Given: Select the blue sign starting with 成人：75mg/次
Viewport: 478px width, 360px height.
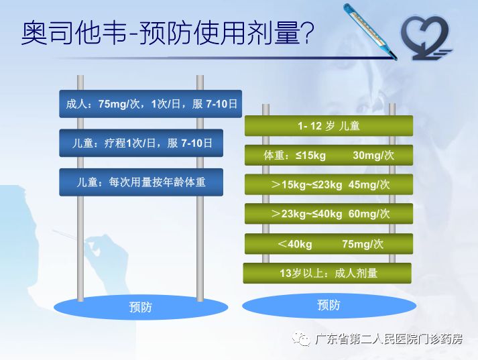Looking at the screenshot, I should [x=150, y=104].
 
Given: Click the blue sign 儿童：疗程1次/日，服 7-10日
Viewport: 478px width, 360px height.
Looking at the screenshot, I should [x=141, y=143].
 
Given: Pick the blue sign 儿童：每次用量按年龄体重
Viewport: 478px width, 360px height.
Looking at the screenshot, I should [x=141, y=182].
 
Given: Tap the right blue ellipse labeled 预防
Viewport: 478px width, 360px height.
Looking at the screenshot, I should [x=328, y=305].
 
